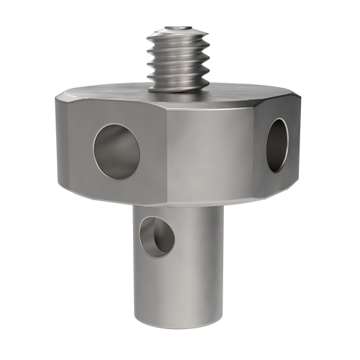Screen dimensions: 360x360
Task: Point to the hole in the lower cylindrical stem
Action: click(x=157, y=234)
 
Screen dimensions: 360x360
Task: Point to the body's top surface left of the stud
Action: click(x=108, y=94)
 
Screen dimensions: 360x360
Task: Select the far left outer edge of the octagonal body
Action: click(x=55, y=144)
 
